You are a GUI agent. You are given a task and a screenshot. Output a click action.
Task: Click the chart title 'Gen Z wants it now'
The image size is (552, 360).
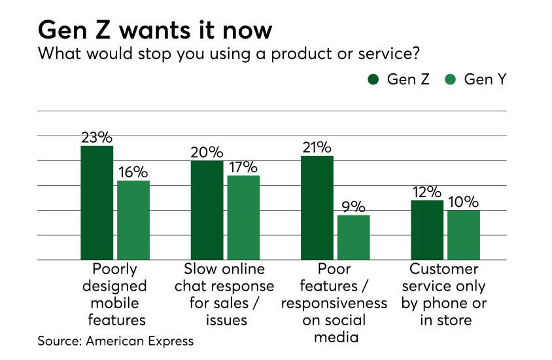(x=155, y=30)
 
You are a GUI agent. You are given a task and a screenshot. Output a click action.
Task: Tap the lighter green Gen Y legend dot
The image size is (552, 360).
(x=451, y=80)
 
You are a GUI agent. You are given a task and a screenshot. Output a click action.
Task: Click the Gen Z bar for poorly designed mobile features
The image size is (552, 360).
(x=97, y=203)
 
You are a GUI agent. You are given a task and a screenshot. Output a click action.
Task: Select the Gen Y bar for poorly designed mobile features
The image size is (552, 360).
(x=133, y=220)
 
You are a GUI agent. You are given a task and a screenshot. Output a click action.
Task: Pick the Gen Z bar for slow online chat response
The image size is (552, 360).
(x=207, y=210)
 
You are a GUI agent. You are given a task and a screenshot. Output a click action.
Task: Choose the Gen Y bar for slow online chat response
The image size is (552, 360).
(x=243, y=217)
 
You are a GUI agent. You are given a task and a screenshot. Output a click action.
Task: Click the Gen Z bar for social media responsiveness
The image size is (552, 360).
(x=317, y=207)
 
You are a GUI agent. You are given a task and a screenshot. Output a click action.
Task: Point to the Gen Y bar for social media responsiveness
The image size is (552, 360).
(x=354, y=237)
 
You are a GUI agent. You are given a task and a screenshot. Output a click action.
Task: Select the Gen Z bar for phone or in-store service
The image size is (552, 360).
(x=427, y=230)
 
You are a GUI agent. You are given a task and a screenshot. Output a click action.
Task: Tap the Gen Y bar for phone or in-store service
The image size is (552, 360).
(x=464, y=235)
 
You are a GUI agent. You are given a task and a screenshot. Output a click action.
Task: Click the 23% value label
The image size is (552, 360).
(x=97, y=137)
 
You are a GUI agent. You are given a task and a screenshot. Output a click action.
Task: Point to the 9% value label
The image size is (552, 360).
(x=354, y=207)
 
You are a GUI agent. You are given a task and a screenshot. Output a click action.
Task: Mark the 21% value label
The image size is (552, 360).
(x=317, y=147)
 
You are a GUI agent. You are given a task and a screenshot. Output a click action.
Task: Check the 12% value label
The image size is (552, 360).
(x=427, y=192)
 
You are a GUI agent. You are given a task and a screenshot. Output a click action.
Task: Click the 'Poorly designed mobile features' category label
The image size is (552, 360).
(x=115, y=295)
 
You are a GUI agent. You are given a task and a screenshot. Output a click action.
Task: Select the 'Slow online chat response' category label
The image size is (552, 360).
(x=225, y=295)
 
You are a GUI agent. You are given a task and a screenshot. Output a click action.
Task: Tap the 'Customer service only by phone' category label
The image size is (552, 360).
(x=445, y=295)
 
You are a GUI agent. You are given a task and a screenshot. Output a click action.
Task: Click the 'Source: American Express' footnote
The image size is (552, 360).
(x=116, y=341)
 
